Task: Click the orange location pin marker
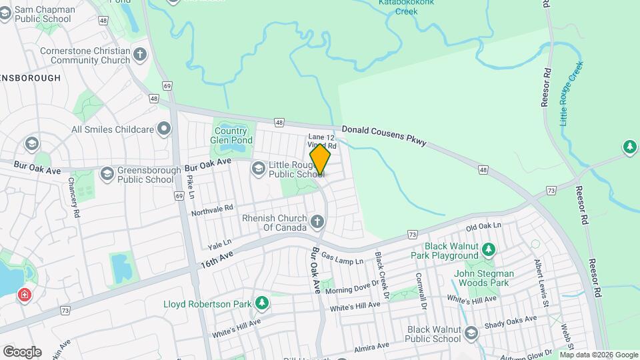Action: pyautogui.click(x=320, y=160)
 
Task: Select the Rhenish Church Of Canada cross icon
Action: pyautogui.click(x=317, y=221)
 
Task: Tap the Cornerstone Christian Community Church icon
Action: pyautogui.click(x=140, y=55)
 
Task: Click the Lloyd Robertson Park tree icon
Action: pyautogui.click(x=262, y=304)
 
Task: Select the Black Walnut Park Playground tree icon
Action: pyautogui.click(x=489, y=249)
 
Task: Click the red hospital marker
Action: pyautogui.click(x=25, y=294)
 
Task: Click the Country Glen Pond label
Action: pyautogui.click(x=234, y=136)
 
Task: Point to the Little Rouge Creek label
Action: pyautogui.click(x=571, y=94)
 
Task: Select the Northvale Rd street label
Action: pyautogui.click(x=212, y=211)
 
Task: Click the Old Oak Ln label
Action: pyautogui.click(x=483, y=228)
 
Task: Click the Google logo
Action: pyautogui.click(x=22, y=351)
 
